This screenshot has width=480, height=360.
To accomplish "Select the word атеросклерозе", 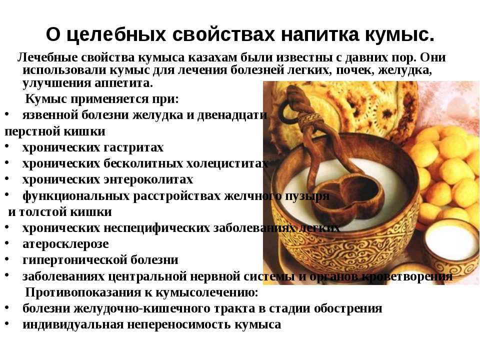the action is (x=65, y=244).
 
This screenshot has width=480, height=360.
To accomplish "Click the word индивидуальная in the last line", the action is (x=73, y=324).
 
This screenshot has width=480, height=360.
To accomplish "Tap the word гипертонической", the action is (x=74, y=260).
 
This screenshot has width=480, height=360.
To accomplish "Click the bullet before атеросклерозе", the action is (x=6, y=243).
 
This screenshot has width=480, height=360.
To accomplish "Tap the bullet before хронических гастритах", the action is (x=6, y=146).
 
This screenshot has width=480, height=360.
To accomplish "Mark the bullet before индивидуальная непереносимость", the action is (x=6, y=323).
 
